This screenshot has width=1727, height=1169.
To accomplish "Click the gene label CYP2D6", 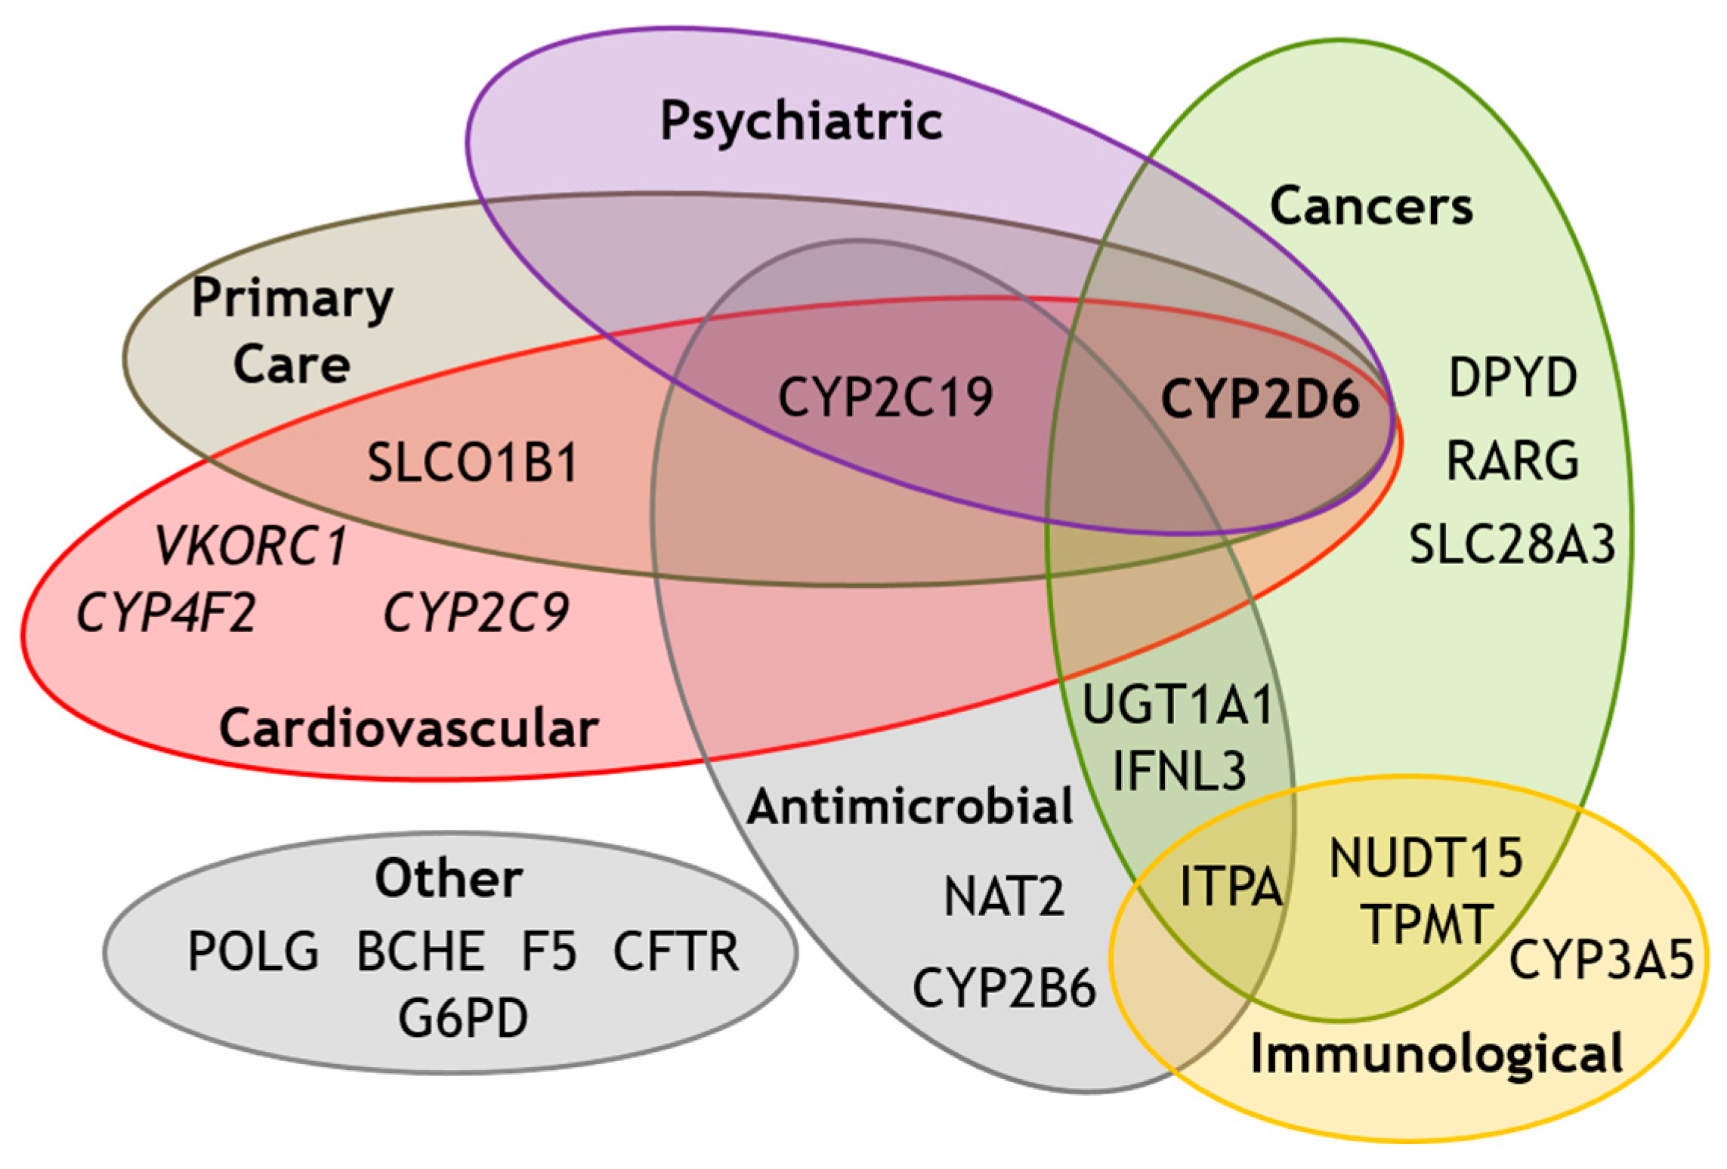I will pos(1259,399).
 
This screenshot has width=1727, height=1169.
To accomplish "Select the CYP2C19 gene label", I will pos(885,398).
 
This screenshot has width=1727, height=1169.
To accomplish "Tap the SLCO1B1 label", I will pos(473,463).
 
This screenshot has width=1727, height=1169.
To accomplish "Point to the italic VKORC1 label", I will pos(251,546).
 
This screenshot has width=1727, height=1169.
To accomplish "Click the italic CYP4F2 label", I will pos(166,612).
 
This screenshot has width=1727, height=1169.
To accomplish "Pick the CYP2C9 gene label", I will pos(476,612).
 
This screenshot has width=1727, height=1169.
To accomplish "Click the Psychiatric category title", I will pos(802,122).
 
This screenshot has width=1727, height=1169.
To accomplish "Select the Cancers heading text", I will pos(1371,206).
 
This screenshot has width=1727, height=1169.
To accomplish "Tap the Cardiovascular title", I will pos(409,729).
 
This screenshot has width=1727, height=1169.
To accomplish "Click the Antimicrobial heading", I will pos(910,806).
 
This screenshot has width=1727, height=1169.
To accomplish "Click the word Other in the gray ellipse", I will pos(449,878).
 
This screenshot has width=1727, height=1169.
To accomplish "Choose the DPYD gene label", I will pos(1512,378).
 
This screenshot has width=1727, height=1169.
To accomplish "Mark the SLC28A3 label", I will pos(1512,544).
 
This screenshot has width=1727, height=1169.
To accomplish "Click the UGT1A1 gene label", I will pos(1178,705).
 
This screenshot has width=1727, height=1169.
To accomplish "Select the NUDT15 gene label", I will pos(1426,859).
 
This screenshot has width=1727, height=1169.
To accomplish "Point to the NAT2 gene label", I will pos(1004,896).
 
